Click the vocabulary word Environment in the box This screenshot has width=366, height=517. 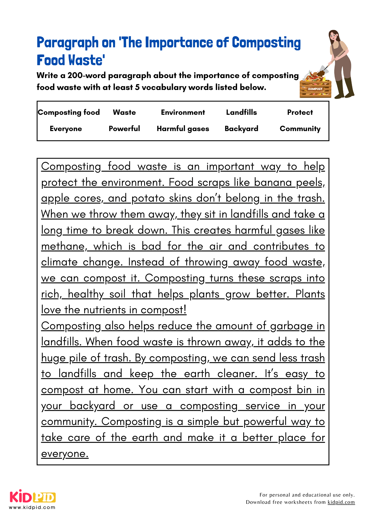[183, 112]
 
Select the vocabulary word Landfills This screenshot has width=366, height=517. [241, 112]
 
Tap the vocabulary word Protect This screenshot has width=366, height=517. [300, 112]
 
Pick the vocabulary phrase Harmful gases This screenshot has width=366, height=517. [183, 129]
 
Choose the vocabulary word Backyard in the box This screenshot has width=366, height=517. [241, 129]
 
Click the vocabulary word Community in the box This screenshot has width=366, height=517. [300, 129]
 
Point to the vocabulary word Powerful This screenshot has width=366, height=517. [124, 129]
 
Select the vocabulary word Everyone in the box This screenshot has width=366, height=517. [66, 129]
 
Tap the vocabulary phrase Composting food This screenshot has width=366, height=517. [69, 112]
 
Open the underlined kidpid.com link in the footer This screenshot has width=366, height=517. [341, 502]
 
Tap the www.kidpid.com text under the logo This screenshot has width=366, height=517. [32, 507]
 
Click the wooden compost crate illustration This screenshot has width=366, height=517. [315, 88]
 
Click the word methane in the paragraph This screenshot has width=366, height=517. [63, 246]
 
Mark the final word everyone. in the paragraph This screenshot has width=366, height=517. [65, 454]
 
